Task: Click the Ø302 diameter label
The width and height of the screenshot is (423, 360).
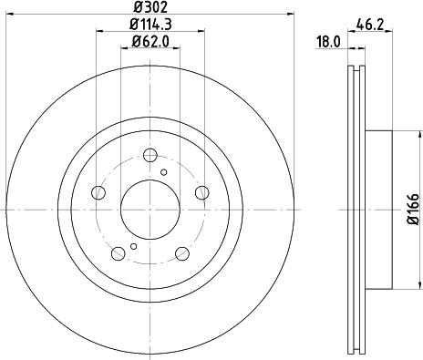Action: coord(150,7)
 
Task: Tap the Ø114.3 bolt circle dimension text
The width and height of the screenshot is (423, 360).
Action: coord(150,24)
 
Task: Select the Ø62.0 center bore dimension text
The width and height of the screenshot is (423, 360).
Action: coord(150,40)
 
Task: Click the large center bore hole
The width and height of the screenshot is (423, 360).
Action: coord(150,211)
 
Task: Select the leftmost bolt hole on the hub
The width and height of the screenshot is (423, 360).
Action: coord(98,193)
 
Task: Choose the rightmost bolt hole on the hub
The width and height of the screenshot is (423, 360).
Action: coord(202,193)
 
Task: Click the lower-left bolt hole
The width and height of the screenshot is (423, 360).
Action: coord(119,254)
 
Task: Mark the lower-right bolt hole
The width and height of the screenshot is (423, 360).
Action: coord(182,254)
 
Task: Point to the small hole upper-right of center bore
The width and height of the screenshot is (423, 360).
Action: coord(164,171)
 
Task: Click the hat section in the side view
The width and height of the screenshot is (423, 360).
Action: coord(379,210)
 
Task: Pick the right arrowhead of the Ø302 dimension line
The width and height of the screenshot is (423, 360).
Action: coord(293,15)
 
